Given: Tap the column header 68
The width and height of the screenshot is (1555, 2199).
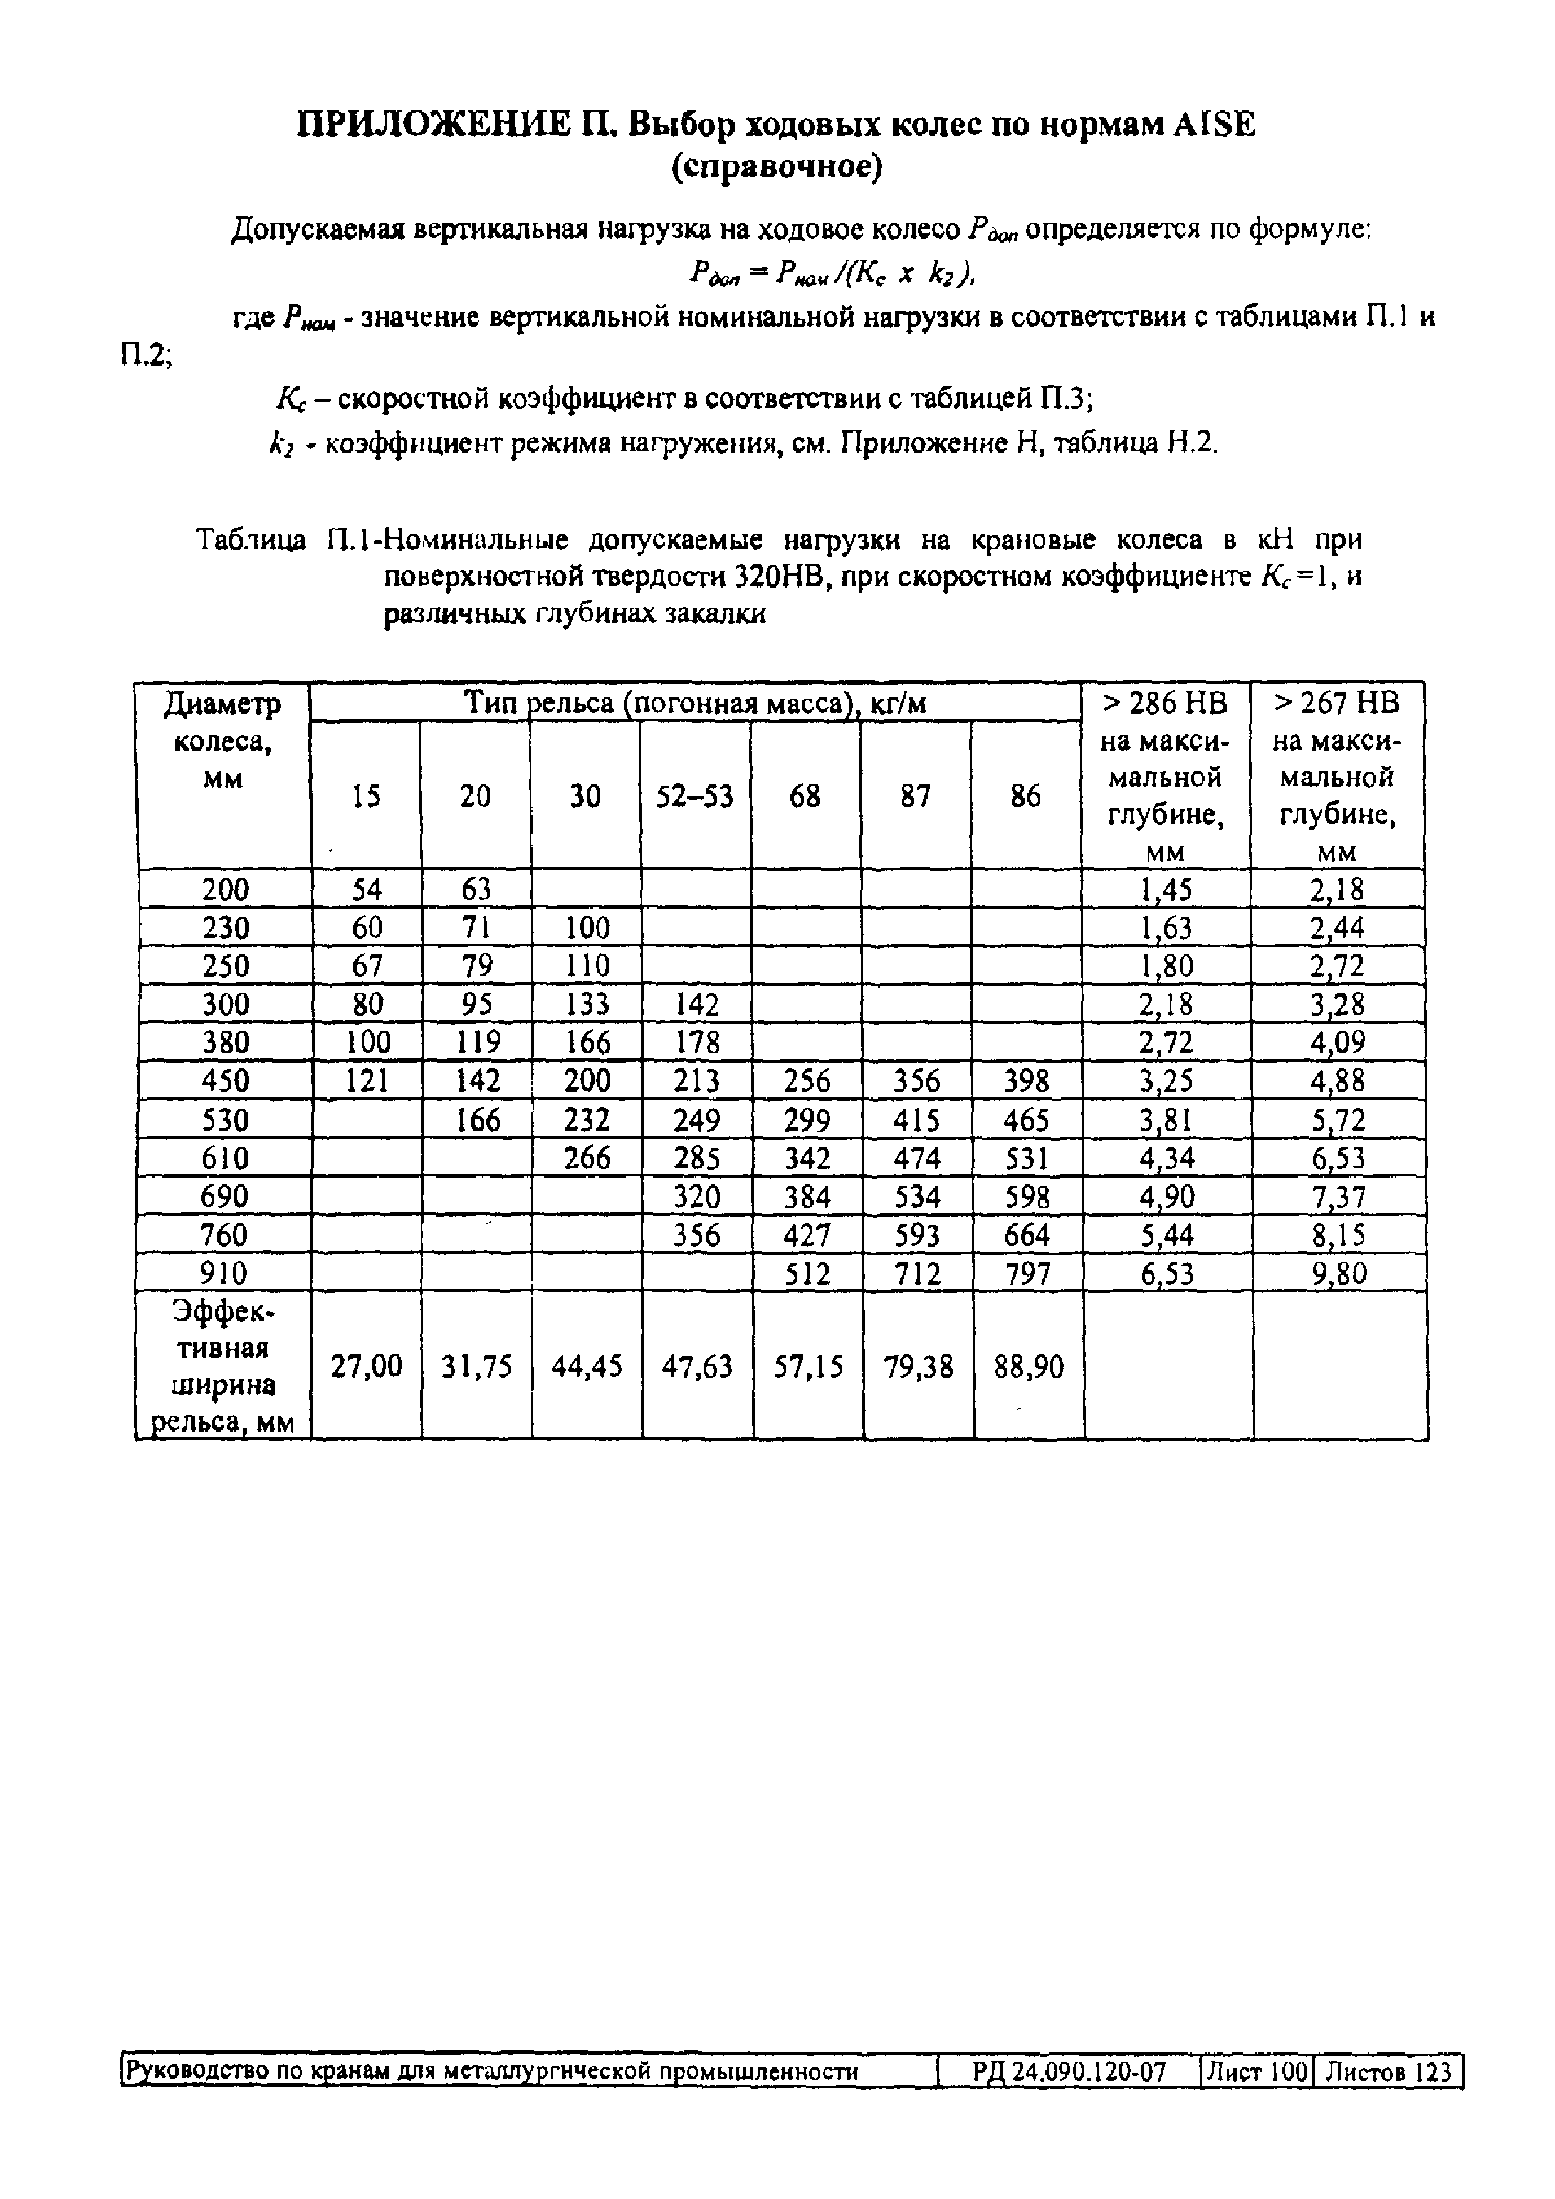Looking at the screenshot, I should (x=805, y=796).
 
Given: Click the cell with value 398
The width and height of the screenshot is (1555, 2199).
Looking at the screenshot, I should (x=1027, y=1081).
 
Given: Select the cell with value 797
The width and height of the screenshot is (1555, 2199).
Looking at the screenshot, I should (x=1027, y=1274).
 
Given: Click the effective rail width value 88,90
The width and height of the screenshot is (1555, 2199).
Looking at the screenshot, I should (x=1029, y=1367).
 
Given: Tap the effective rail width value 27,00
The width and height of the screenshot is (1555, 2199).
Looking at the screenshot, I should (x=366, y=1367).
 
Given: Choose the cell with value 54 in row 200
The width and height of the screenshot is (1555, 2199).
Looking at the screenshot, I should (x=366, y=890).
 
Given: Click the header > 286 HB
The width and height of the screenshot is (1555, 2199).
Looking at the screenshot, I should (x=1165, y=704).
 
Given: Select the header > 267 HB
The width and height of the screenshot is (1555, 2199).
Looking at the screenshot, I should (x=1338, y=704).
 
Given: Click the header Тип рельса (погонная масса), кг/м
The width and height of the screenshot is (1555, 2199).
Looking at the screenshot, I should (x=695, y=704).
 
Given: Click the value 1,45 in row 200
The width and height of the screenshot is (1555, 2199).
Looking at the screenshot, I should (x=1166, y=890).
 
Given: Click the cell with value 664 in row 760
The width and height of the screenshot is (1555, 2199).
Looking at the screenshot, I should (x=1027, y=1235).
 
